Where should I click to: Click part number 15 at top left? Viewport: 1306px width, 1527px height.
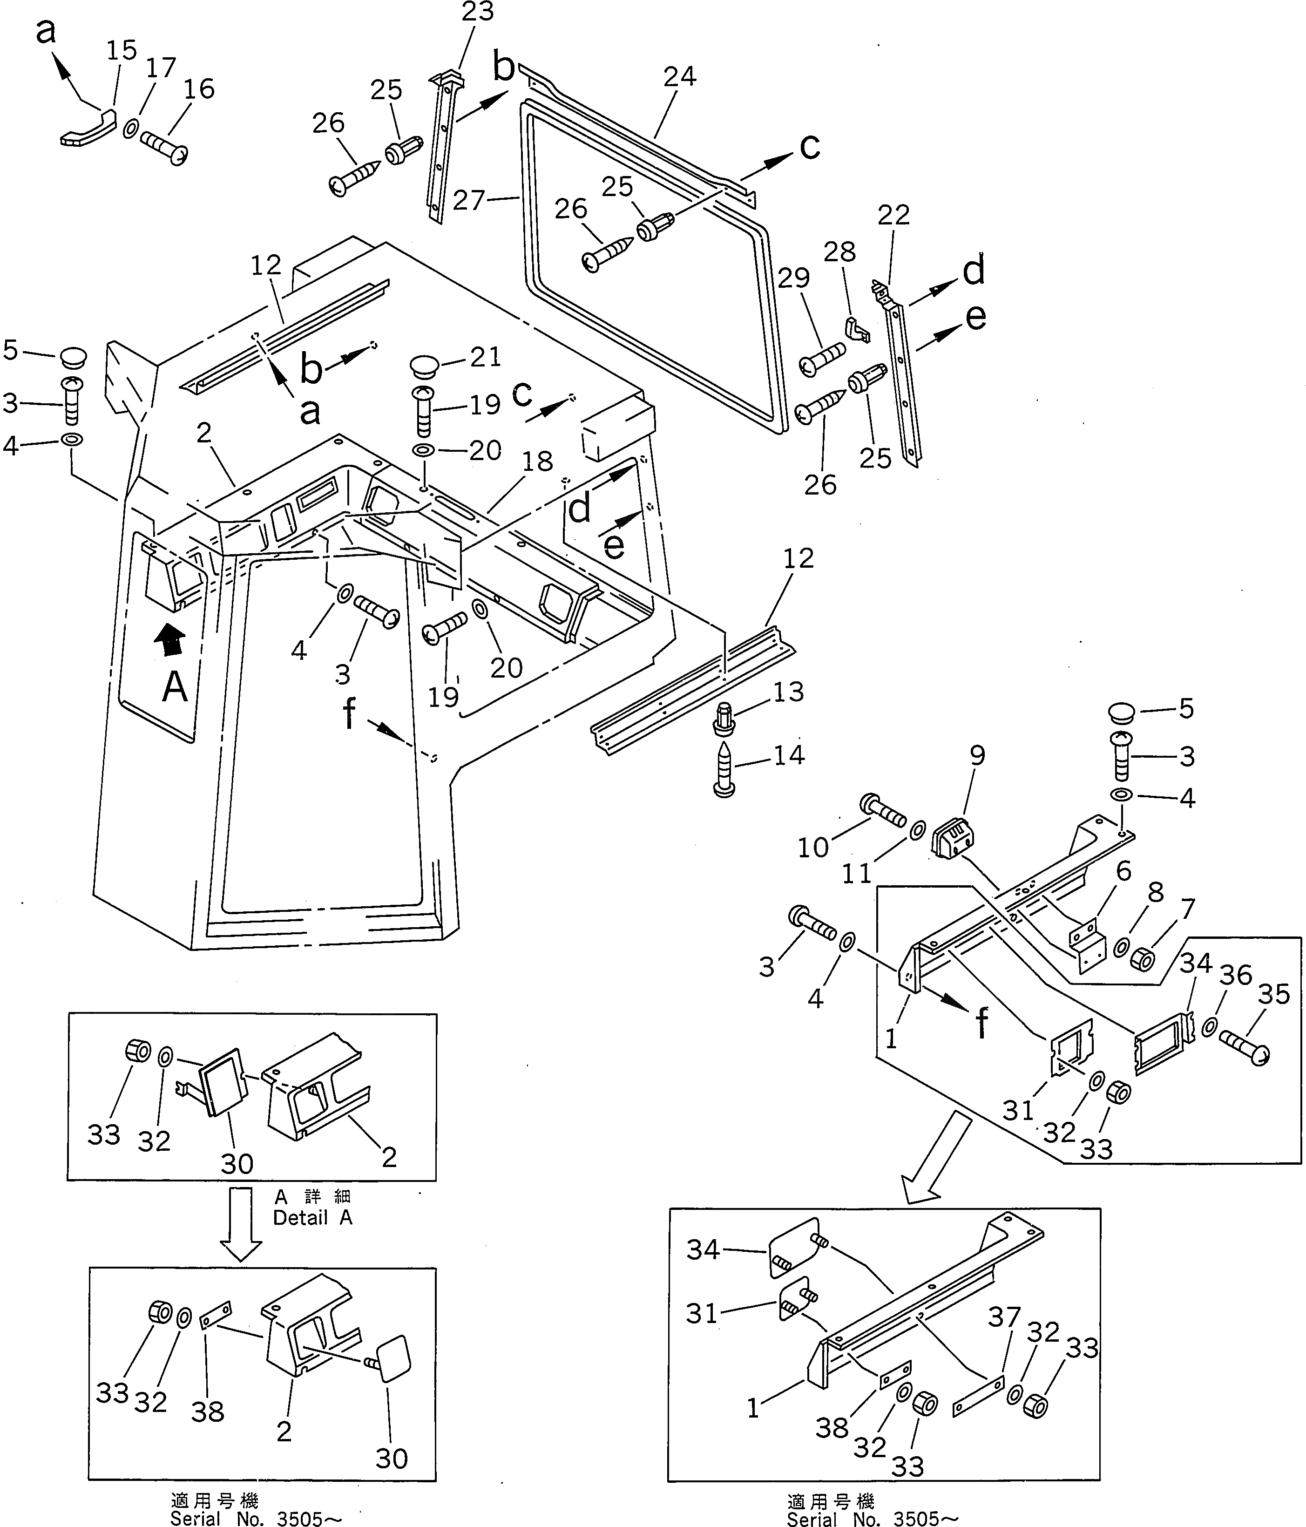[122, 51]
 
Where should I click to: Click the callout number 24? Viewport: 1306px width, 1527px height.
[679, 77]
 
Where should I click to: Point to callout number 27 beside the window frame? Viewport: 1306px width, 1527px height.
[469, 200]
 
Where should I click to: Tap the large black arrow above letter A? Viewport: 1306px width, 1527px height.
[170, 638]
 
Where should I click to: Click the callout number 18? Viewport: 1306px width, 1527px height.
[537, 462]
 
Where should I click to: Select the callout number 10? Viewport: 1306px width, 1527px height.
[813, 848]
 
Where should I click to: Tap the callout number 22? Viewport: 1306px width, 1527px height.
[894, 215]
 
